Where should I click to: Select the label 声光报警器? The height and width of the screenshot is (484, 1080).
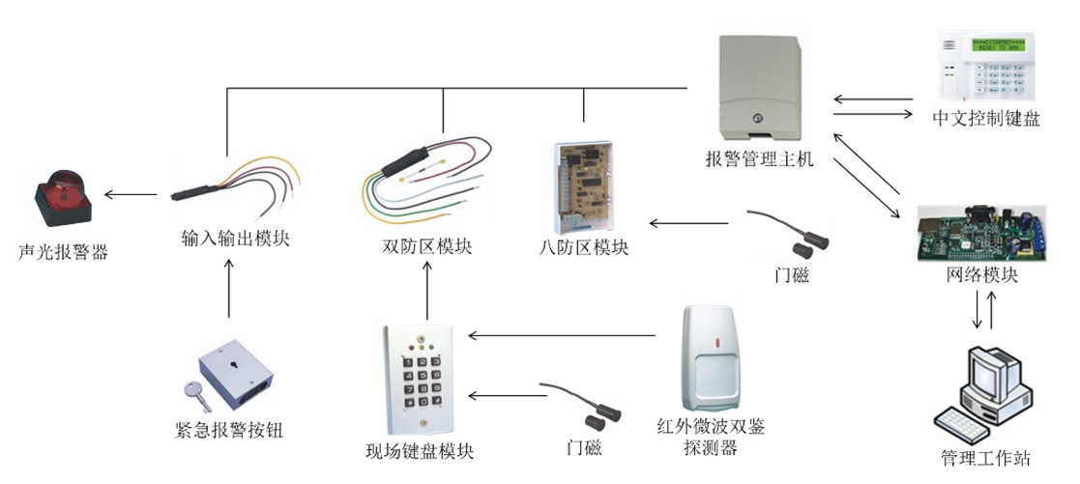[x=63, y=253]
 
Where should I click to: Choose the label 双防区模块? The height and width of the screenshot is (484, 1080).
[x=427, y=246]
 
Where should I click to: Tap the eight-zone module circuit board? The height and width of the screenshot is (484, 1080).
[x=583, y=184]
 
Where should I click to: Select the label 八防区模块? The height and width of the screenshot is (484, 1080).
[x=584, y=247]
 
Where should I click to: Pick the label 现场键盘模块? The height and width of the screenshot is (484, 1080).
[x=420, y=450]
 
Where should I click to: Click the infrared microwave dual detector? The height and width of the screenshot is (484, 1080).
[x=716, y=357]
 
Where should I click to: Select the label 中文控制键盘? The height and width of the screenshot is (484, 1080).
[x=985, y=119]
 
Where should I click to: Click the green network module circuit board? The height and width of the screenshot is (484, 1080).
[x=982, y=232]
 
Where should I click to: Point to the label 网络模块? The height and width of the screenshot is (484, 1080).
[x=981, y=274]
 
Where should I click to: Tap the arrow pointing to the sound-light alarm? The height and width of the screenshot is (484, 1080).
[x=131, y=195]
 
